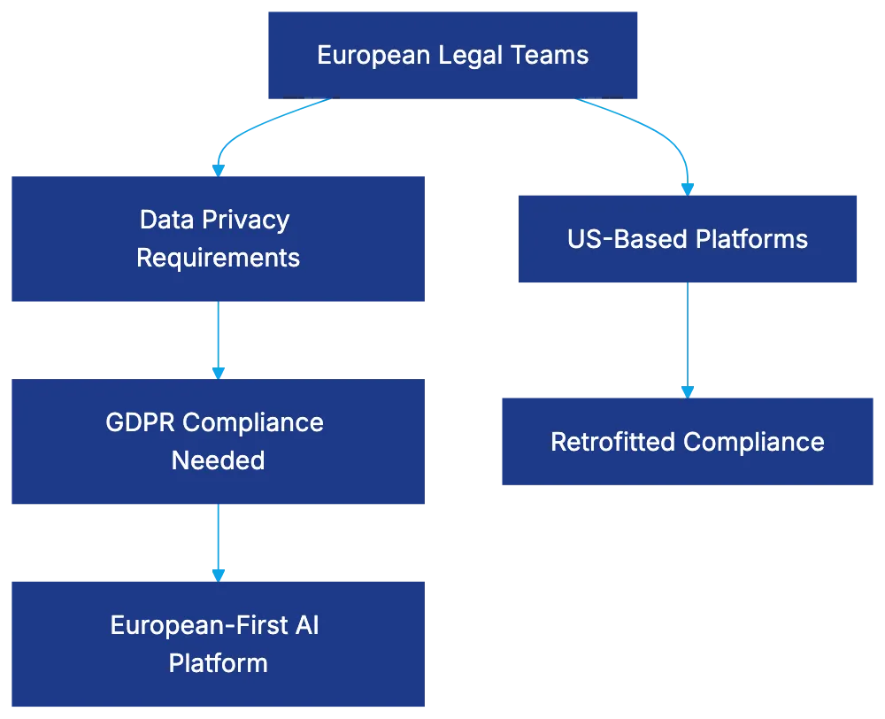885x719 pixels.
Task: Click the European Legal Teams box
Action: click(452, 54)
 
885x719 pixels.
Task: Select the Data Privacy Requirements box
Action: click(217, 238)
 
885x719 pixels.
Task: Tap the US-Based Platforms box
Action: click(688, 239)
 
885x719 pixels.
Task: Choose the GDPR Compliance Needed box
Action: click(217, 441)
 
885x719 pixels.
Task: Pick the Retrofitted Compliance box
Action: click(687, 442)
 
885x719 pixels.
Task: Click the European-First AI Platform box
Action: click(217, 644)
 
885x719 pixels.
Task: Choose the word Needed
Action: click(218, 460)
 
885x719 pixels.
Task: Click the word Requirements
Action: click(218, 258)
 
